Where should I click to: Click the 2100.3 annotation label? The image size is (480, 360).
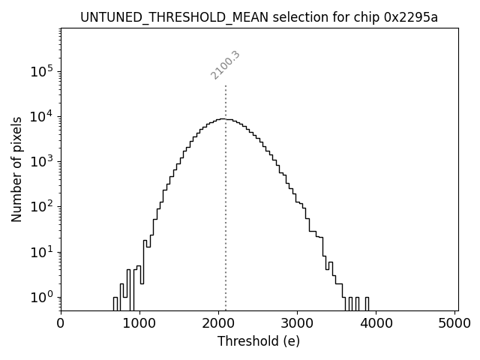tap(225, 65)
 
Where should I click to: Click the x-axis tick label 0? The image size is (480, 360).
tap(61, 324)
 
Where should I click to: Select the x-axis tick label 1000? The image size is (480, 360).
tap(139, 324)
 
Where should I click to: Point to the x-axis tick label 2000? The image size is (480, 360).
tap(218, 324)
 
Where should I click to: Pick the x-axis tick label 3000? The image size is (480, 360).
tap(297, 324)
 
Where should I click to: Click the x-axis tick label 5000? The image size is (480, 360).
tap(454, 324)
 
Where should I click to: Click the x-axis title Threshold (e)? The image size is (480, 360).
tap(259, 341)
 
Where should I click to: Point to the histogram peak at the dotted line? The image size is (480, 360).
tap(223, 118)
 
